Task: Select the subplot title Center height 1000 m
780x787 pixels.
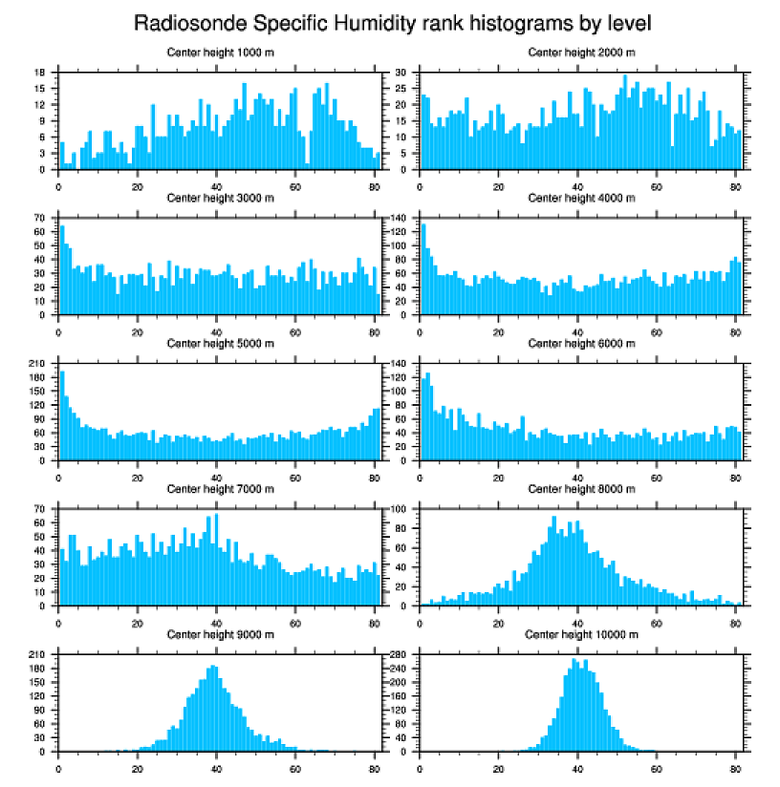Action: click(x=220, y=52)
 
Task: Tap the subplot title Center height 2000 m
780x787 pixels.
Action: click(x=581, y=52)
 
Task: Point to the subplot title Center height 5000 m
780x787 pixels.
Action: click(x=220, y=343)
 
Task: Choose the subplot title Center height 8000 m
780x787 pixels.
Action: click(x=581, y=488)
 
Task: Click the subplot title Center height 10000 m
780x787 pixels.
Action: click(x=581, y=634)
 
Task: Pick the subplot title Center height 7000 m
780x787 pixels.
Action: click(x=220, y=488)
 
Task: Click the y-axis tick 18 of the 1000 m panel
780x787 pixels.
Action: click(x=42, y=73)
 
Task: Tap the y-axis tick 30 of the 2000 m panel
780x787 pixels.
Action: click(x=402, y=73)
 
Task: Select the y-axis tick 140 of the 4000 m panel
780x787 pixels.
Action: click(x=400, y=219)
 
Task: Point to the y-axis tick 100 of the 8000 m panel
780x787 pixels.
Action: click(x=400, y=509)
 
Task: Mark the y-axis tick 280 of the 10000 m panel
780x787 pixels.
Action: click(x=400, y=655)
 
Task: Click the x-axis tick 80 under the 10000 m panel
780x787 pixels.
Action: click(x=735, y=766)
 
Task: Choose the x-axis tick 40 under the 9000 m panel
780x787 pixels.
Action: click(x=216, y=766)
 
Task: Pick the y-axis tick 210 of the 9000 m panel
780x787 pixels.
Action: click(x=39, y=655)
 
